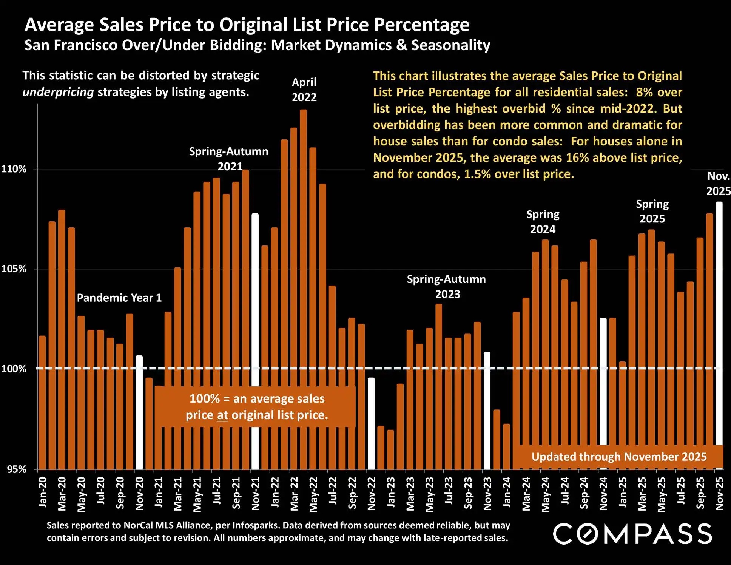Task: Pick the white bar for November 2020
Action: click(x=139, y=412)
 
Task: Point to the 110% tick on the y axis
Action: click(x=14, y=169)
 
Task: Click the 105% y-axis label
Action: click(x=14, y=269)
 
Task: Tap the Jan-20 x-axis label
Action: click(x=43, y=491)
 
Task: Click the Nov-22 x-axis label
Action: click(x=372, y=493)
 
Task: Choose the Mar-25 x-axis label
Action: click(x=642, y=493)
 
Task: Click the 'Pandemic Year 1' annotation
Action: click(x=119, y=298)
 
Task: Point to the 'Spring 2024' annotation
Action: click(x=543, y=222)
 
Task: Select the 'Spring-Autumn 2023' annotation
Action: click(x=446, y=287)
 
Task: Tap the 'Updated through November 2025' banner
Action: click(x=619, y=457)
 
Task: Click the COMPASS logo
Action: click(x=632, y=534)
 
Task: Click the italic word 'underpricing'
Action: click(x=58, y=92)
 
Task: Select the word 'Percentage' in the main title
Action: click(x=422, y=25)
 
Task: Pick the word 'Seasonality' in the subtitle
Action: click(x=450, y=45)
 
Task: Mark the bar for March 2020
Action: click(x=62, y=340)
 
